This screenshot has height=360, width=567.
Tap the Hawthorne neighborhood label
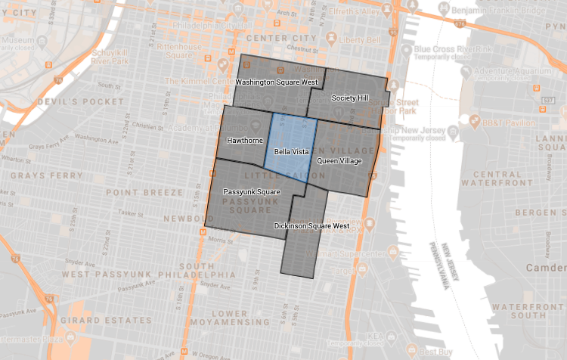244,141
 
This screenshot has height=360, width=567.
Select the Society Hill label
349,98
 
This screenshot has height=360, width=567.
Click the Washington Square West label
276,82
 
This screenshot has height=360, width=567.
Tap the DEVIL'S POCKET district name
84,101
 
